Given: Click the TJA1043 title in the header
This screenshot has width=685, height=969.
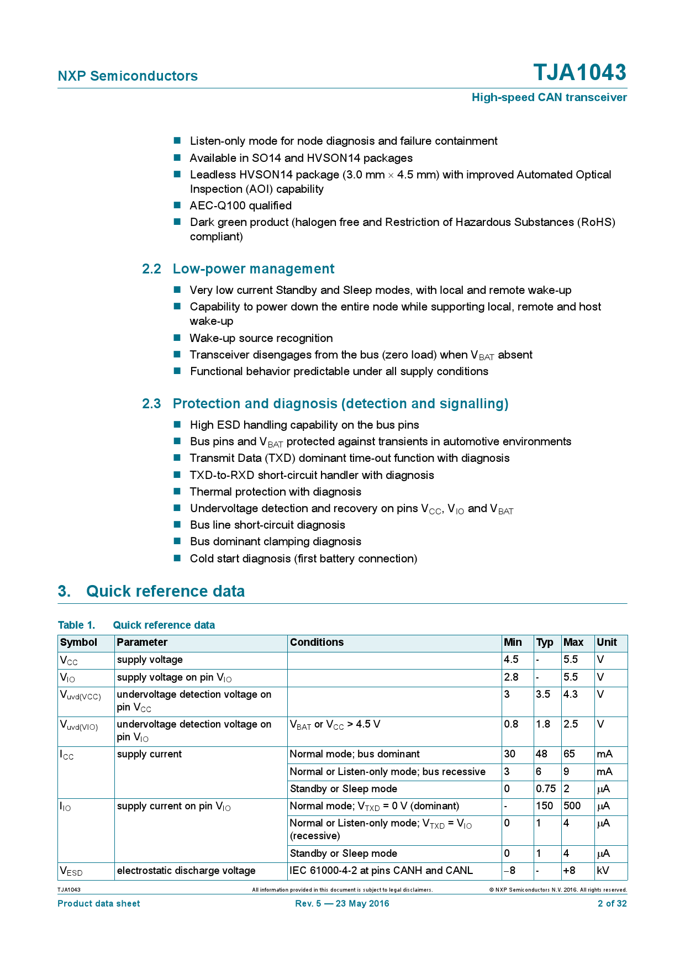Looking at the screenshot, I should (579, 73).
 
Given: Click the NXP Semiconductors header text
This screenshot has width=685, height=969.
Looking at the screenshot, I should (128, 76).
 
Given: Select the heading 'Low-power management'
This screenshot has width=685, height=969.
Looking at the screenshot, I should (254, 269).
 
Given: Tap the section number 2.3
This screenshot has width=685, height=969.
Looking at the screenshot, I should (151, 404).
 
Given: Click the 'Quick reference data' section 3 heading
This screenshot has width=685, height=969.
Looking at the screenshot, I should (165, 591).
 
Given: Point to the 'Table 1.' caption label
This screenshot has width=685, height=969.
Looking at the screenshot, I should (76, 625).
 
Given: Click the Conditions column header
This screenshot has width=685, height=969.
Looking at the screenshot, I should (317, 643).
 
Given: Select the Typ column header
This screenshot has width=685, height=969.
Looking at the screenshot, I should (544, 643).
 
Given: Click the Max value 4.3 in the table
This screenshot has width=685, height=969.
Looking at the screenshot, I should (570, 694).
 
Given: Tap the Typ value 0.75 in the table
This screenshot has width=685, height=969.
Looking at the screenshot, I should (545, 789).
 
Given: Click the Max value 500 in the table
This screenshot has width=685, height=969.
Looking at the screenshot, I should (572, 806).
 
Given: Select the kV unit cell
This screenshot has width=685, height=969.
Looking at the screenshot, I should (604, 871).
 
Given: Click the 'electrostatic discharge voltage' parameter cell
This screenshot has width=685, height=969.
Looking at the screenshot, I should (186, 871).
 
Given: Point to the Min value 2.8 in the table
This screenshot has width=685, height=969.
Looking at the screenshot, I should (511, 677).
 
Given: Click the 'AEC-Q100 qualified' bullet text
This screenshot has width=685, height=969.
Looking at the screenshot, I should (240, 206).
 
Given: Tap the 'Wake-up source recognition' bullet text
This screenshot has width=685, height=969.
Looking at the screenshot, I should (261, 338).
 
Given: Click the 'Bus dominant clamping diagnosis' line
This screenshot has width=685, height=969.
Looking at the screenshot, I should (275, 542).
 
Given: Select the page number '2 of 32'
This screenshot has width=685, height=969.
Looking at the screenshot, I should (612, 904).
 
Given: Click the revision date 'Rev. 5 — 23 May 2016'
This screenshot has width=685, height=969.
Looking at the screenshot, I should (342, 904).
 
